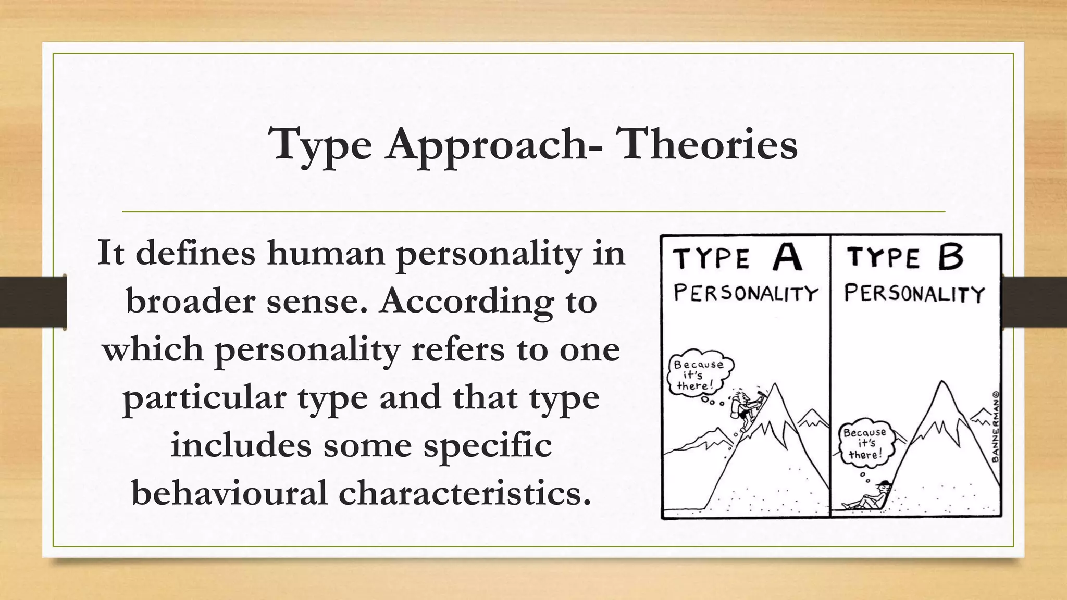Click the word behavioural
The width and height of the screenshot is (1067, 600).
(x=230, y=493)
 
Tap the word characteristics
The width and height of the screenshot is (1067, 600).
(x=465, y=493)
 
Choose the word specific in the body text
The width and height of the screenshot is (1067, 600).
(x=488, y=445)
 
